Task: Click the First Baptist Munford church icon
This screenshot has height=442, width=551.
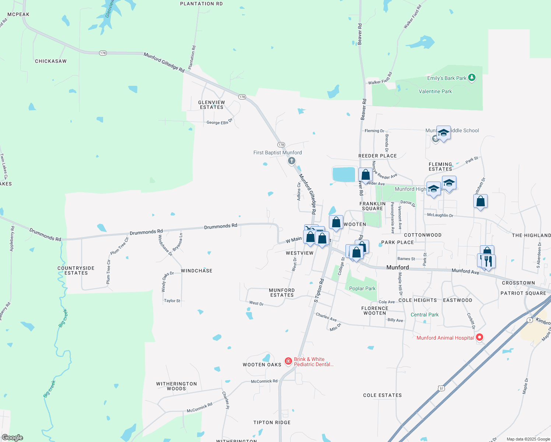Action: [292, 161]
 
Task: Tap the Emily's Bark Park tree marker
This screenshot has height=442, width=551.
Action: [472, 78]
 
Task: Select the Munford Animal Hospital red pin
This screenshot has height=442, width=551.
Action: [480, 337]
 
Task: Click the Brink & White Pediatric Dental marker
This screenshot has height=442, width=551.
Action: [288, 361]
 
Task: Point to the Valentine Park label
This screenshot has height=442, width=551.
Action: [435, 91]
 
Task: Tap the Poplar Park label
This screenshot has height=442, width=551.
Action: [362, 288]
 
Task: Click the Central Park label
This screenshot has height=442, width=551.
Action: [424, 315]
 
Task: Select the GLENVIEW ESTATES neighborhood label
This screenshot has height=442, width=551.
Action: [211, 105]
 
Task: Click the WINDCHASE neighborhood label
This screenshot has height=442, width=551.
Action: [197, 271]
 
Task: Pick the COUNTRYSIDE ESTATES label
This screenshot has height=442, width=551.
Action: [76, 271]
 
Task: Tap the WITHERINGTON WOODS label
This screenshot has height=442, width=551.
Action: [176, 386]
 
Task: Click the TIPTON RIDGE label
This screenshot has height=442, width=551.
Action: [272, 422]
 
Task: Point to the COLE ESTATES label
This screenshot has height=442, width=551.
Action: [382, 395]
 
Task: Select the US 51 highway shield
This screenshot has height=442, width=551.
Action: [441, 388]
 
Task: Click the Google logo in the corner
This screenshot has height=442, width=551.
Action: [13, 438]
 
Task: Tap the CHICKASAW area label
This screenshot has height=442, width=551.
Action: [51, 61]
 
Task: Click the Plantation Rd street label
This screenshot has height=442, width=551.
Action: [192, 57]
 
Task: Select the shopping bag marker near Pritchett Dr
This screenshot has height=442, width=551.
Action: [480, 201]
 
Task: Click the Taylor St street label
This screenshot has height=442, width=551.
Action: [172, 301]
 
